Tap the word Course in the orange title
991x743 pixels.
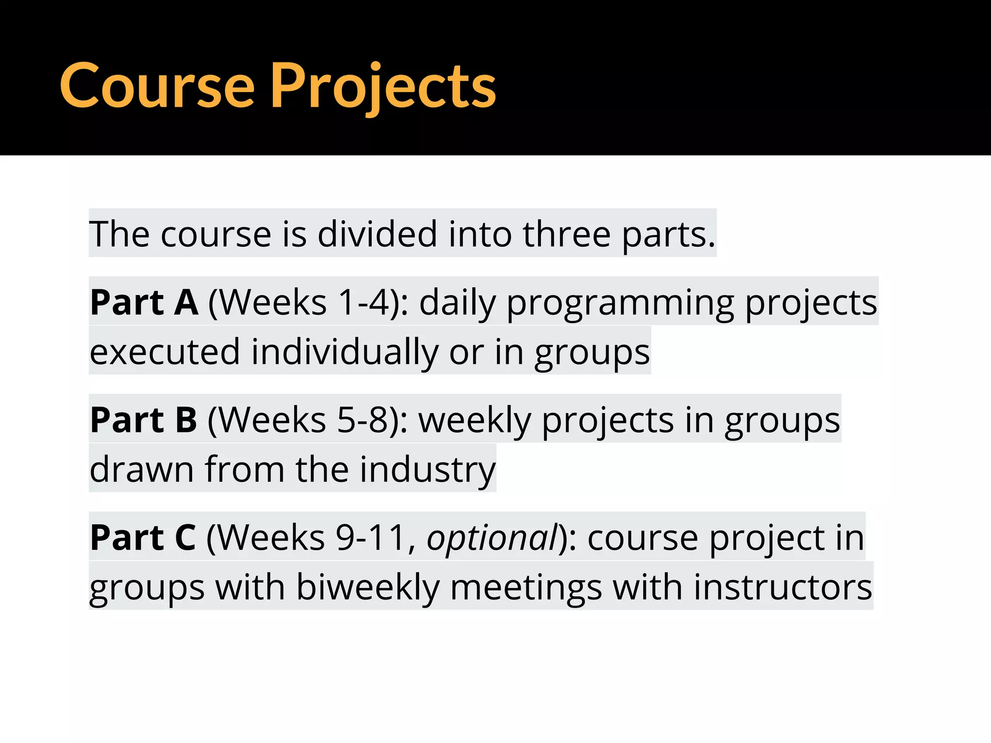(x=157, y=87)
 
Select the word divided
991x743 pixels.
(x=377, y=234)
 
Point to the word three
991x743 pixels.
(x=567, y=234)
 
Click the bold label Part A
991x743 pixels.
(x=144, y=302)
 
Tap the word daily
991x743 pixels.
(x=457, y=303)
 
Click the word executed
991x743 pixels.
(x=165, y=352)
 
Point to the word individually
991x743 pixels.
(x=345, y=353)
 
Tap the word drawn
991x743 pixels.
(x=142, y=469)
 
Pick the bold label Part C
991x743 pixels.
(x=143, y=537)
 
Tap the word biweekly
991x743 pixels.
(x=368, y=588)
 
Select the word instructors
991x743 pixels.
(x=782, y=587)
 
